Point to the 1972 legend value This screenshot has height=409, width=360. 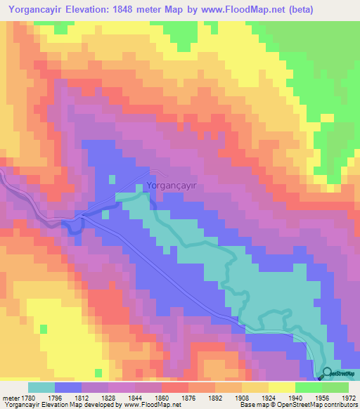pyautogui.click(x=349, y=397)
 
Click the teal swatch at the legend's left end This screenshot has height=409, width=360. pyautogui.click(x=41, y=387)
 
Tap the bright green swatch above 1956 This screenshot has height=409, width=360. pyautogui.click(x=308, y=387)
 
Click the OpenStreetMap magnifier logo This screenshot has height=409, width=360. pyautogui.click(x=328, y=374)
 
